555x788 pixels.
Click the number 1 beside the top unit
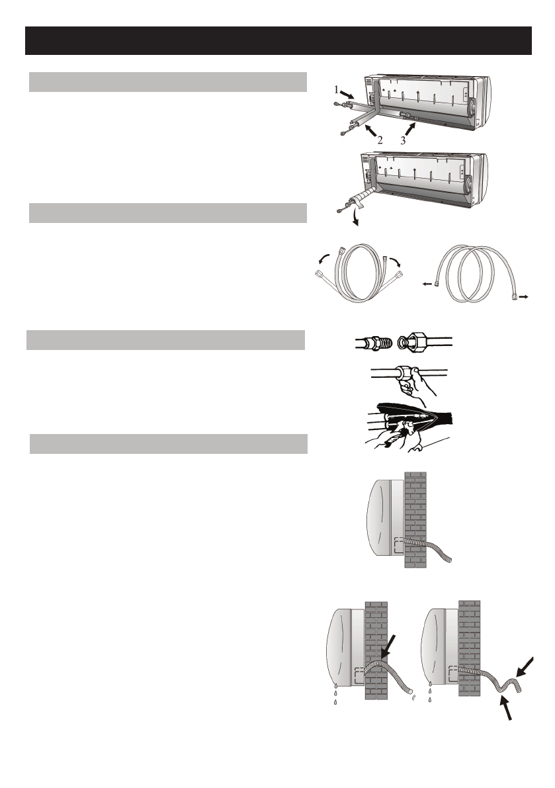(336, 89)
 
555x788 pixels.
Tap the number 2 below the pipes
(380, 140)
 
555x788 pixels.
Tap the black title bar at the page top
(278, 40)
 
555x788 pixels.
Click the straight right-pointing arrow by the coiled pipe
(523, 298)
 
